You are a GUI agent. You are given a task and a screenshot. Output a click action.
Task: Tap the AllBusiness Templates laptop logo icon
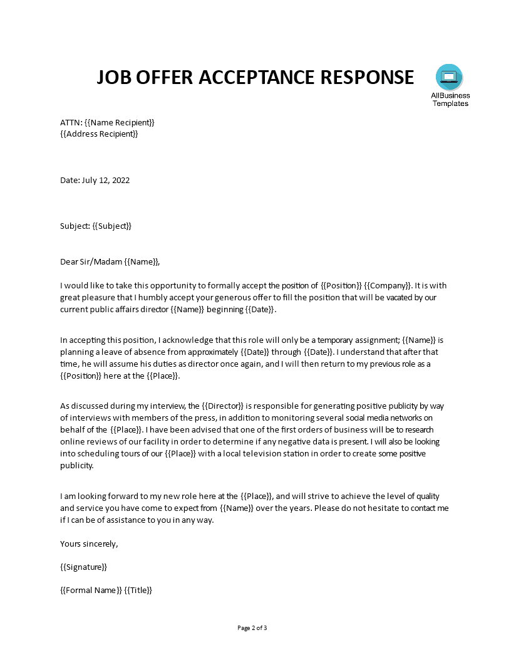click(449, 77)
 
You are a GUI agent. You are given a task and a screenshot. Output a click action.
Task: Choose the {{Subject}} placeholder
click(112, 226)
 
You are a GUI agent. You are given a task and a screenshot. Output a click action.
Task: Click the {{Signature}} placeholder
click(84, 567)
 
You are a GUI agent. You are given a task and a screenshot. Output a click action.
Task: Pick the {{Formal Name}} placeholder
click(91, 590)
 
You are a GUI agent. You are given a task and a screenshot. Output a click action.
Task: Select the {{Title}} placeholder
click(138, 590)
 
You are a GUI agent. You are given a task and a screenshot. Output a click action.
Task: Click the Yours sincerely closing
click(89, 544)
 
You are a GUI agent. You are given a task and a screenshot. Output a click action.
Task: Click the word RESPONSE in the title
click(368, 76)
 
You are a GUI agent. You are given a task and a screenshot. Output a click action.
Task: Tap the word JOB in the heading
click(116, 76)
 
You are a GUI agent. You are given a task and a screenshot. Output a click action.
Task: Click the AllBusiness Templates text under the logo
click(450, 100)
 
